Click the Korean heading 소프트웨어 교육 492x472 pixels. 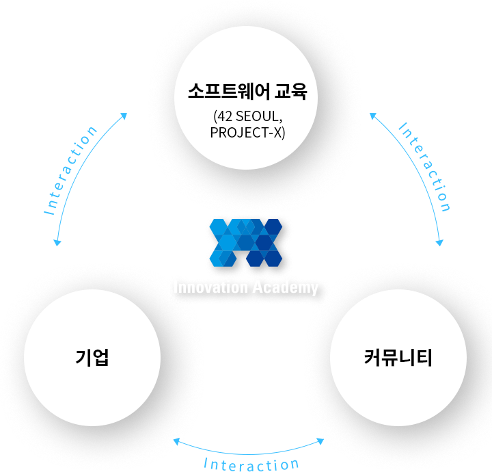coord(247,92)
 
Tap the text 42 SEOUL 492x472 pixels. coord(247,116)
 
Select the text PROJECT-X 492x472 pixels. coord(246,133)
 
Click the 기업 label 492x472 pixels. coord(92,357)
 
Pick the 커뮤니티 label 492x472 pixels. coord(398,357)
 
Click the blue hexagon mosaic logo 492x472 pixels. coord(246,243)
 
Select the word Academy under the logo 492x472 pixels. coord(286,288)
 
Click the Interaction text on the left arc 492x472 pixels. coord(70,170)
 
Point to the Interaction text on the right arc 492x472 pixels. coord(424,167)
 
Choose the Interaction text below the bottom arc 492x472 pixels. coord(251,464)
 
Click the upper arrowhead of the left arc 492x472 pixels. coord(124,116)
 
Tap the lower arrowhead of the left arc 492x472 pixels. coord(57,242)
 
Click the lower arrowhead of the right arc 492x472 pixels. coord(439,242)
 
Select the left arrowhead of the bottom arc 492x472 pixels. coord(176,441)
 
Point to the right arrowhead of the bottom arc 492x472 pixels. coord(320,441)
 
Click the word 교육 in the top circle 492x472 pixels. coord(291,92)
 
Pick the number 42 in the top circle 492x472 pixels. coord(225,116)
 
